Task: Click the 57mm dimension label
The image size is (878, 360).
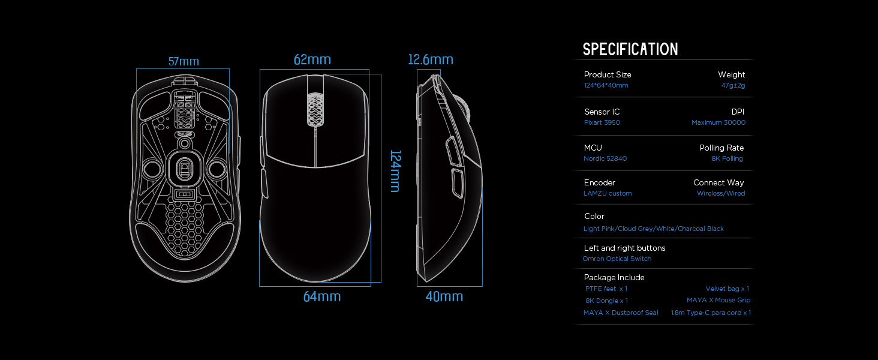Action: tap(184, 61)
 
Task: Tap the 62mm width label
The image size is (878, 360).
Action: tap(312, 59)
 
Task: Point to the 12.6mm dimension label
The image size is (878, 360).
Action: tap(431, 59)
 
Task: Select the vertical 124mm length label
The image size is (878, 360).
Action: tap(395, 171)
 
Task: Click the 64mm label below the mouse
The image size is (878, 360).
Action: tap(322, 296)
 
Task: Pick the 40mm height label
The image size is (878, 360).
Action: tap(444, 296)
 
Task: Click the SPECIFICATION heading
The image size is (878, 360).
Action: tap(630, 49)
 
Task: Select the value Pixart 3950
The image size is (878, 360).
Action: tap(602, 122)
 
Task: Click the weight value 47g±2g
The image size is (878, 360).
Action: tap(733, 85)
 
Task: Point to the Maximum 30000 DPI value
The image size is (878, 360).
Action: tap(718, 122)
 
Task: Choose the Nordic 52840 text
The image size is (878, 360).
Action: tap(605, 158)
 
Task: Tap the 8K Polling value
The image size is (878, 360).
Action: tap(727, 158)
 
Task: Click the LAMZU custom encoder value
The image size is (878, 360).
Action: tap(608, 193)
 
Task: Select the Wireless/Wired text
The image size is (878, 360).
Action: tap(721, 193)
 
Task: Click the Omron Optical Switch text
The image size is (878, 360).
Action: tap(617, 259)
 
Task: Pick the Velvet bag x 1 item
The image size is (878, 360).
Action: tap(727, 289)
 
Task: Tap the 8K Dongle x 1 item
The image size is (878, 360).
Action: tap(607, 301)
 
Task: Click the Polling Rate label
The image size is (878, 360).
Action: tap(721, 148)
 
